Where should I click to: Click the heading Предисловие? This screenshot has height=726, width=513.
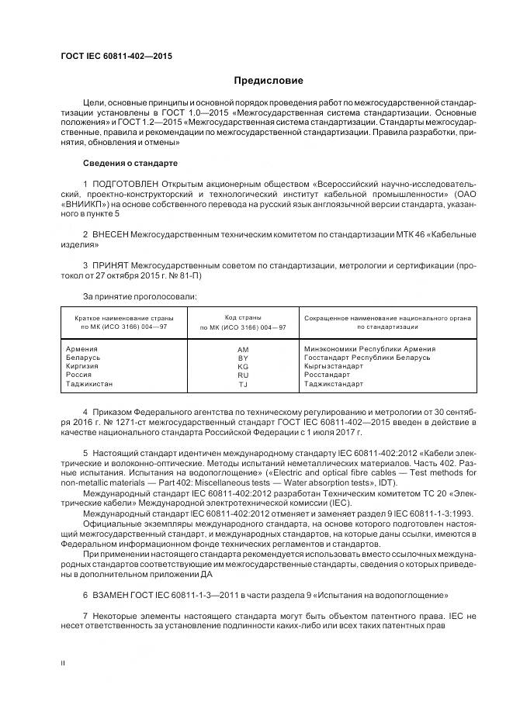[269, 81]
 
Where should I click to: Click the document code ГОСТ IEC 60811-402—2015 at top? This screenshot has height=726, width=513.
[116, 57]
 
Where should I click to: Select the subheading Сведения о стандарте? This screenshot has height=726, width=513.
[130, 164]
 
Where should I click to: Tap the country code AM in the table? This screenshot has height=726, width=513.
[243, 350]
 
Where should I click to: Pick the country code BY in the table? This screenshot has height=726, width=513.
[243, 358]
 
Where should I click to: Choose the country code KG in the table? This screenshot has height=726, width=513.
[243, 367]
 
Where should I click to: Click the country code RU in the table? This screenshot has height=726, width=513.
[243, 375]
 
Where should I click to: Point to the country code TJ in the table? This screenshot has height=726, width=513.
[243, 384]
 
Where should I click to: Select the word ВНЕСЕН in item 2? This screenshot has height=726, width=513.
[109, 233]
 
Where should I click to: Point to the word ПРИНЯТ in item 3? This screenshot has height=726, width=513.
[110, 265]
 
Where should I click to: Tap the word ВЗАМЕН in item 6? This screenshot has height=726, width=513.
[109, 596]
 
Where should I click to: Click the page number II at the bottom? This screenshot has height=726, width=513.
[64, 662]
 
